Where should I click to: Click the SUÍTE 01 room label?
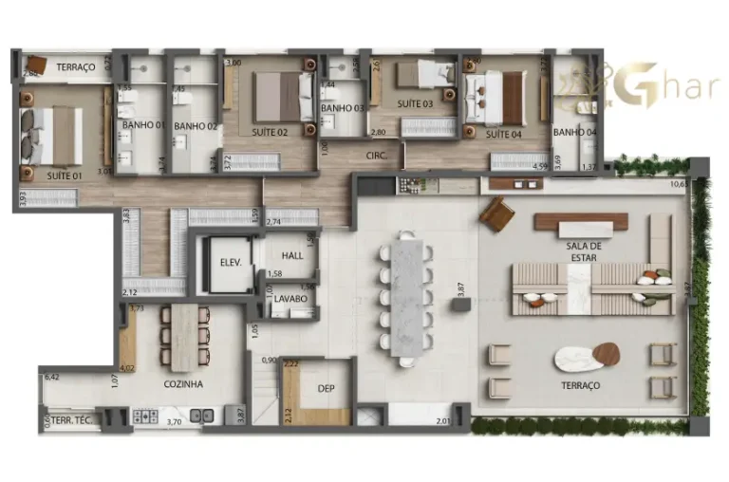[65, 176]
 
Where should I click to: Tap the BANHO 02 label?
[196, 126]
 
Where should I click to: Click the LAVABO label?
[290, 299]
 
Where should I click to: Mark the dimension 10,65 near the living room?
[678, 184]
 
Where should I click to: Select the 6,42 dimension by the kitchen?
[52, 378]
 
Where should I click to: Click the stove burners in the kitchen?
[144, 416]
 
